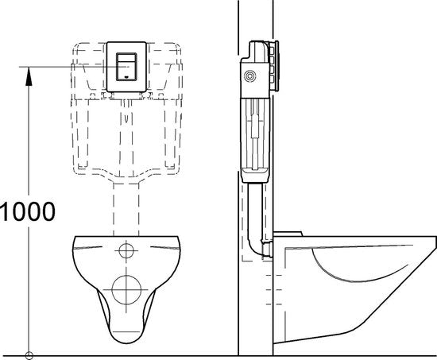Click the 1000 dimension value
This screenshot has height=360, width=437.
29,211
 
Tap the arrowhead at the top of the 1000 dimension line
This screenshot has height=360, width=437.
29,73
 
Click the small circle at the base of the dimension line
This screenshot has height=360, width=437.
29,353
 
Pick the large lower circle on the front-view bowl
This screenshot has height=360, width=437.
125,290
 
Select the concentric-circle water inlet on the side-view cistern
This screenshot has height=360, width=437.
252,77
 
